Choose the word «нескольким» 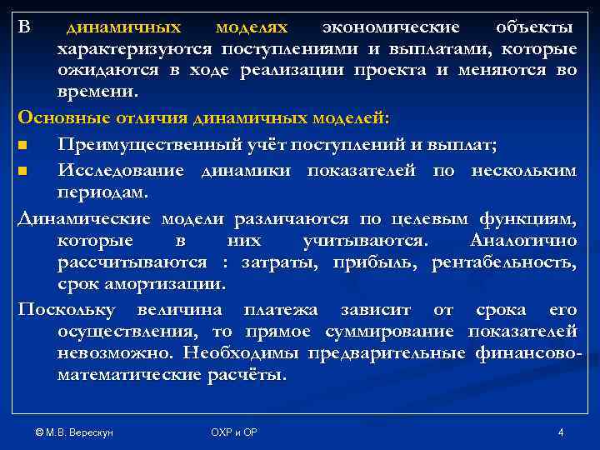pos(523,170)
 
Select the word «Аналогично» pos(523,241)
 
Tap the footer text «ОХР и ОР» pos(233,431)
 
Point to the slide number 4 pos(561,431)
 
